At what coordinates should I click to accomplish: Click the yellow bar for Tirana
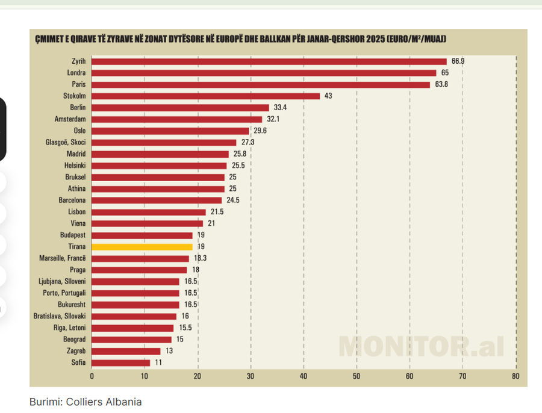(x=142, y=247)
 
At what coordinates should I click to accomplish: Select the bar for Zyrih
(x=269, y=61)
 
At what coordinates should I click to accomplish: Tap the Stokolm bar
(x=206, y=96)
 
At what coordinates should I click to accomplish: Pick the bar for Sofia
(x=121, y=362)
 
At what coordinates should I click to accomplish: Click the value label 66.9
(x=458, y=61)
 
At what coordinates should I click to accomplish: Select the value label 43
(x=328, y=96)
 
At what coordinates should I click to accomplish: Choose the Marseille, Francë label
(x=63, y=258)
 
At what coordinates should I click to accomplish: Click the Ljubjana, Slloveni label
(x=61, y=281)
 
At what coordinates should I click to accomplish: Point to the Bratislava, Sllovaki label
(x=60, y=316)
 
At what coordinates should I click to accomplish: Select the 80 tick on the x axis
(x=516, y=376)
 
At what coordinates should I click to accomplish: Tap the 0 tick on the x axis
(x=92, y=376)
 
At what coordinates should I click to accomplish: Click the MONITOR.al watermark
(x=420, y=346)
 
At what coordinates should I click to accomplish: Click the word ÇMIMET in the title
(x=49, y=40)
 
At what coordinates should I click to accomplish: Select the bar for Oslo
(x=170, y=131)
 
